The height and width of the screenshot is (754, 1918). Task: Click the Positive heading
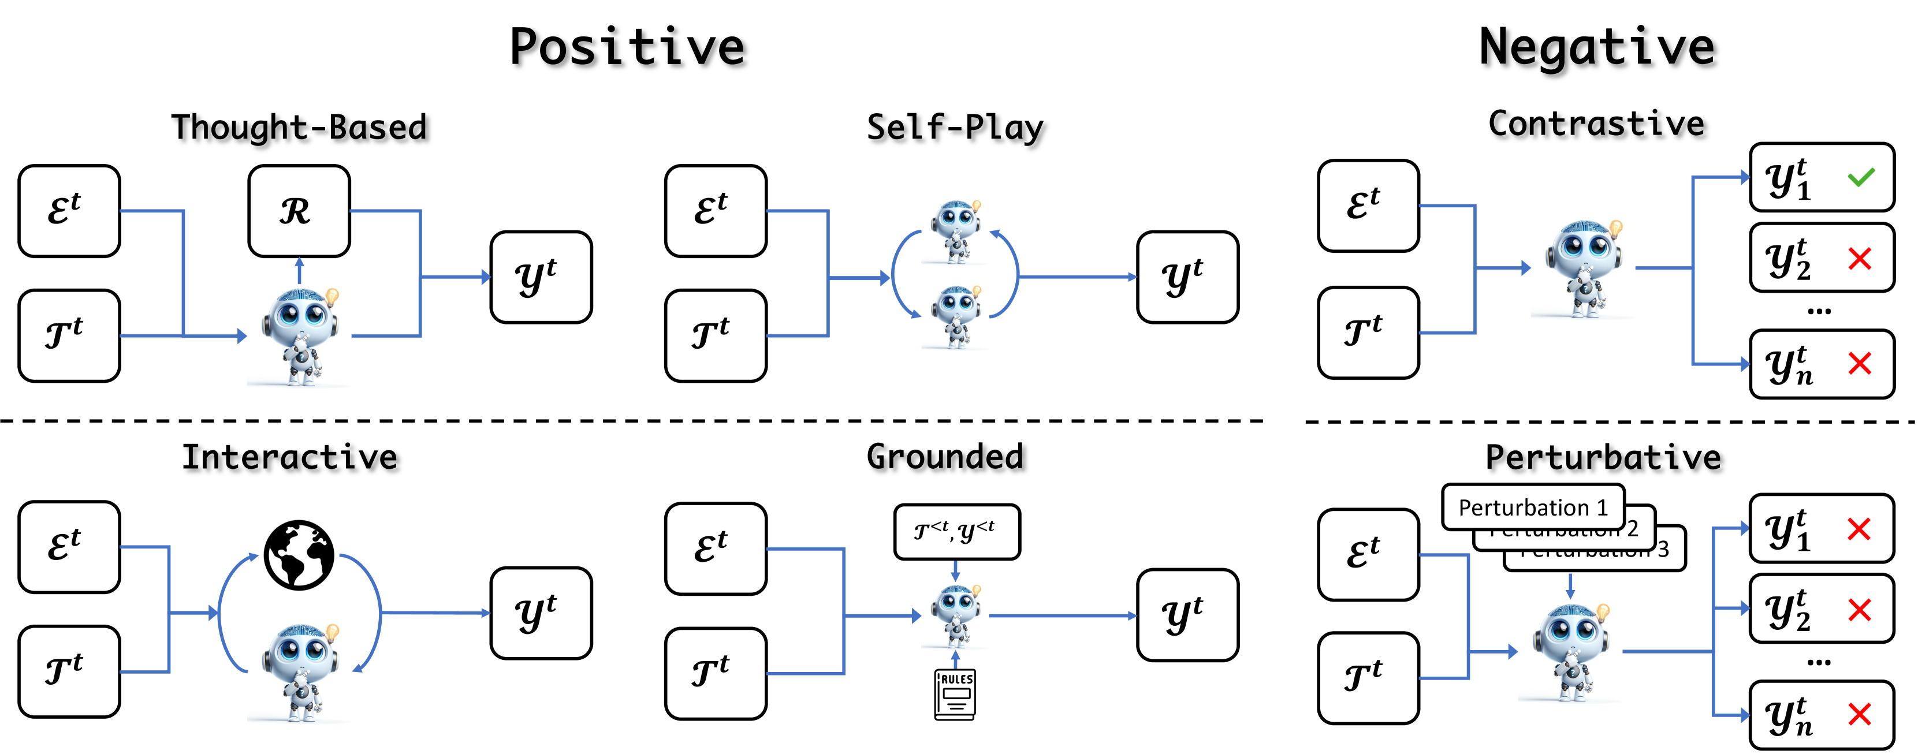click(x=627, y=47)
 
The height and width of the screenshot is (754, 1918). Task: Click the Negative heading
click(x=1596, y=47)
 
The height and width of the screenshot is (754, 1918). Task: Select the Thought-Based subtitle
click(x=299, y=127)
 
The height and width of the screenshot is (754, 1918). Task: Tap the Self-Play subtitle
click(x=955, y=127)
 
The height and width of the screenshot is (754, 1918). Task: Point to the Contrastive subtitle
click(x=1596, y=124)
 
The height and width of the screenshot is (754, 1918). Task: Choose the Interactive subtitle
click(x=291, y=457)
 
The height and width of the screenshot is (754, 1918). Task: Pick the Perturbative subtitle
click(x=1603, y=457)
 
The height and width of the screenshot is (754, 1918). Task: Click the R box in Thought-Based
click(x=299, y=211)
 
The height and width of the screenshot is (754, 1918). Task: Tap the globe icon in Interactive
click(x=299, y=554)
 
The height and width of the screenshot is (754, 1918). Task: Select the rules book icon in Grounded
click(x=955, y=694)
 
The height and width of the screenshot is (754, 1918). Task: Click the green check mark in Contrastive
click(x=1861, y=177)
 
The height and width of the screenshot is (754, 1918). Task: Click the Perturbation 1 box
click(x=1532, y=507)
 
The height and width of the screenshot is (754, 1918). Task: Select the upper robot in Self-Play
click(x=955, y=229)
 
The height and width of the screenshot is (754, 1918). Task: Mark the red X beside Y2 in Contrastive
click(x=1860, y=259)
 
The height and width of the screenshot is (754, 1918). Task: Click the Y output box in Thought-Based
click(x=541, y=277)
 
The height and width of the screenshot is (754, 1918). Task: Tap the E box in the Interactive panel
click(x=69, y=547)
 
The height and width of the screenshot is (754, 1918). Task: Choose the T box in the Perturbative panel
click(x=1368, y=677)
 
